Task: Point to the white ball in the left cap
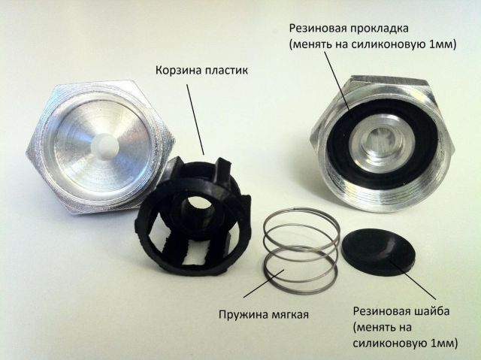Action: tap(105, 147)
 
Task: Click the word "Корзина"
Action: tap(174, 70)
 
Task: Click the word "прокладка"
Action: tap(379, 29)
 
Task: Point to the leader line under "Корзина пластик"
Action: tap(195, 119)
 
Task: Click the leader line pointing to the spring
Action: tap(264, 283)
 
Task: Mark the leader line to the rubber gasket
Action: tap(337, 81)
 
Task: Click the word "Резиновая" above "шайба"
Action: tap(382, 311)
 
